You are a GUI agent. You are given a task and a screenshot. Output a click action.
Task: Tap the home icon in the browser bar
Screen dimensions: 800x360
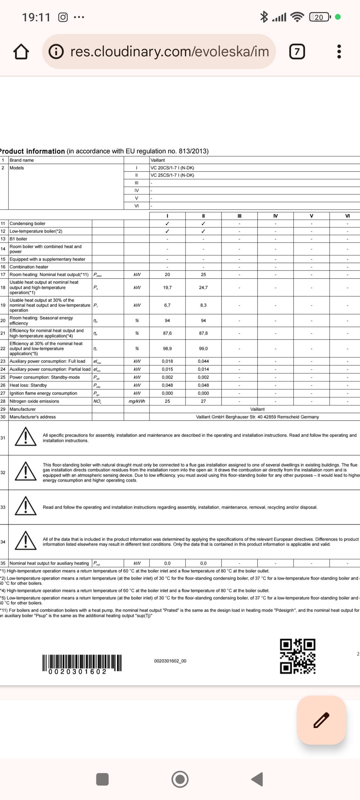pos(21,52)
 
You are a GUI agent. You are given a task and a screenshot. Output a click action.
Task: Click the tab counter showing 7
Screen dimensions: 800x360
pos(297,51)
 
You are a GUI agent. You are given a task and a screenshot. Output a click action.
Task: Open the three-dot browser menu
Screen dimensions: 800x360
pos(339,51)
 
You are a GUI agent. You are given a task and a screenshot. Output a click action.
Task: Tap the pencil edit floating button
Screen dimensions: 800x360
pos(321,720)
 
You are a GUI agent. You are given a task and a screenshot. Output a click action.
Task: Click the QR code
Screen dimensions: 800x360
pos(297,656)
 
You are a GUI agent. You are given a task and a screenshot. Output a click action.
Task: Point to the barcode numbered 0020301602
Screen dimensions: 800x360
pos(82,663)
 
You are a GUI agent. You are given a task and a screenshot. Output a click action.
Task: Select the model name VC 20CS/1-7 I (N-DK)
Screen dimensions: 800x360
pos(172,168)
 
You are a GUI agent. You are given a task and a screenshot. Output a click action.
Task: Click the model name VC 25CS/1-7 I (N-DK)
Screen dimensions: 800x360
pos(172,175)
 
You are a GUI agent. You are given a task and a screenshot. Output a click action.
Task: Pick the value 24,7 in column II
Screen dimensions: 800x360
pos(203,288)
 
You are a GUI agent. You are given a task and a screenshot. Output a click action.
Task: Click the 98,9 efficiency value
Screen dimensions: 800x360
pos(167,349)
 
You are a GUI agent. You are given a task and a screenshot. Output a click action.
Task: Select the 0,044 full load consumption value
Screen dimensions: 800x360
pos(203,361)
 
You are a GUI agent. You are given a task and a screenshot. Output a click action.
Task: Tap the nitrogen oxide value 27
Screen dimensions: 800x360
pos(203,401)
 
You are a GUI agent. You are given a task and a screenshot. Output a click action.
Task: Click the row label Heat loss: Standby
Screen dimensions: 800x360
pos(28,385)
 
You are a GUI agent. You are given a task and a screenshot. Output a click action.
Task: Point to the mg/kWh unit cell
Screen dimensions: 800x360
pos(136,401)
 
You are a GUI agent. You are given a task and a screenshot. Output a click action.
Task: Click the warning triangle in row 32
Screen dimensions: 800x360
pos(25,472)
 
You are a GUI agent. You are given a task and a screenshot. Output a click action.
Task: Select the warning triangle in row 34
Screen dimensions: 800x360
pos(25,541)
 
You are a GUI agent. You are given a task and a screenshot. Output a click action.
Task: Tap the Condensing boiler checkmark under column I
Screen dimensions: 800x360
pos(167,224)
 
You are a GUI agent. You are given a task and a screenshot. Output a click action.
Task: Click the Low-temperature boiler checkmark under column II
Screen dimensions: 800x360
pos(203,231)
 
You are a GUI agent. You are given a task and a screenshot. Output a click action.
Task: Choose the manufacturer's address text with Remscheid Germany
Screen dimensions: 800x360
pos(257,417)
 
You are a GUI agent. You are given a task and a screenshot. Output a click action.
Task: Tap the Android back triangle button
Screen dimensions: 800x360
pos(257,779)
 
